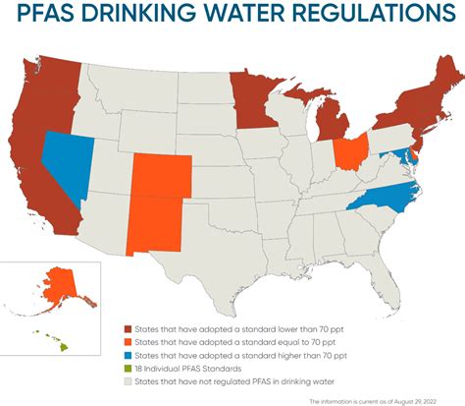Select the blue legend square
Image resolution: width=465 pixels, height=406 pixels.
tap(129, 354)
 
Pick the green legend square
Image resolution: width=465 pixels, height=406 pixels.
tap(129, 367)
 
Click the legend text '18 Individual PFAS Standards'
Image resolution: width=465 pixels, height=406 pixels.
tap(187, 367)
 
